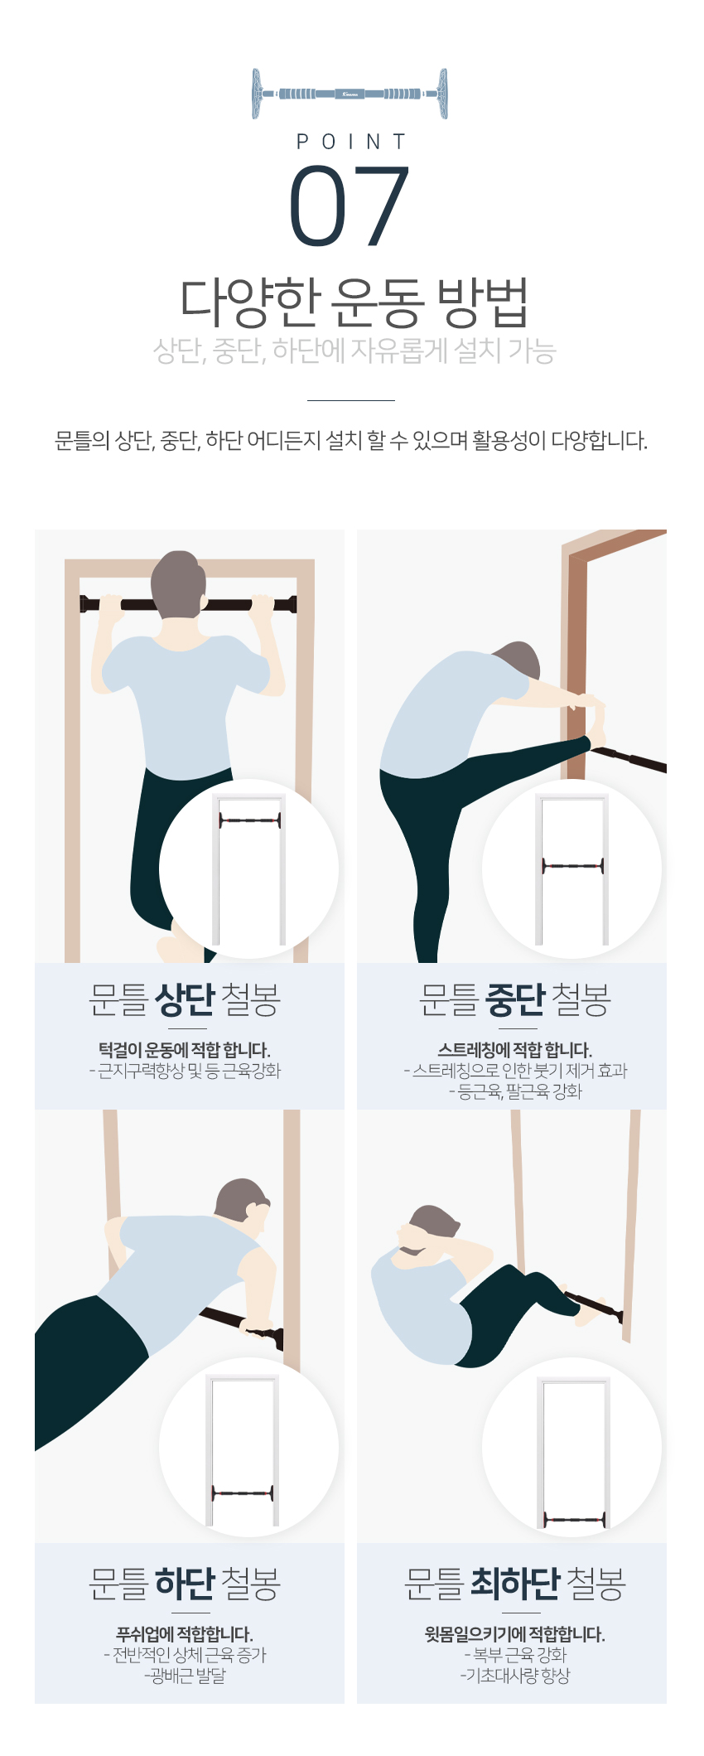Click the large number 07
pos(350,206)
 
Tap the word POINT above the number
pos(351,143)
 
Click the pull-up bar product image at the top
pos(350,94)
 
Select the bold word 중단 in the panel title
pos(515,999)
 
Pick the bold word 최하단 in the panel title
pos(515,1584)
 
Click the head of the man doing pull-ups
pos(179,583)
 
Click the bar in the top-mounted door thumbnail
pos(249,820)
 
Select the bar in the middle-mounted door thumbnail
pos(572,866)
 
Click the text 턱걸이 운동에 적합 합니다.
pos(185,1050)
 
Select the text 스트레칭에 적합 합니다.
pos(515,1050)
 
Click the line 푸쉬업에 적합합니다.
pos(185,1634)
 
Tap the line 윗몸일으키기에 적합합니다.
pos(515,1634)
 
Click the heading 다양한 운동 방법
pos(354,302)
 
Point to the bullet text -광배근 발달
pos(185,1676)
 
